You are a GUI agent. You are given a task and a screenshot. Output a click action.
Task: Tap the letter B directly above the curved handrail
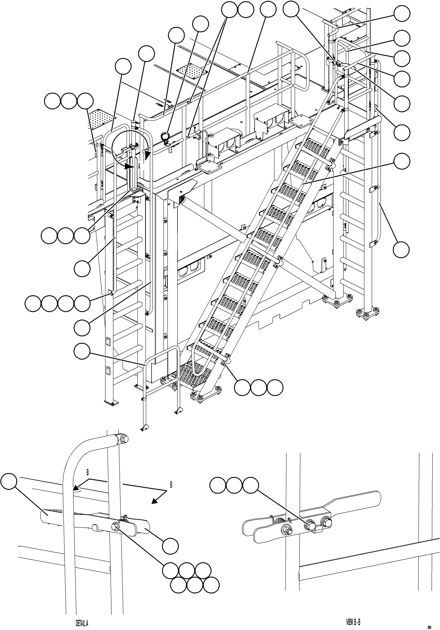87,472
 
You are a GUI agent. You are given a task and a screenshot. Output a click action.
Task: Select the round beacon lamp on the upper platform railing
164,136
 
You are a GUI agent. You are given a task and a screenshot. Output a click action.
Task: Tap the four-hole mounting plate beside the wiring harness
210,167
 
